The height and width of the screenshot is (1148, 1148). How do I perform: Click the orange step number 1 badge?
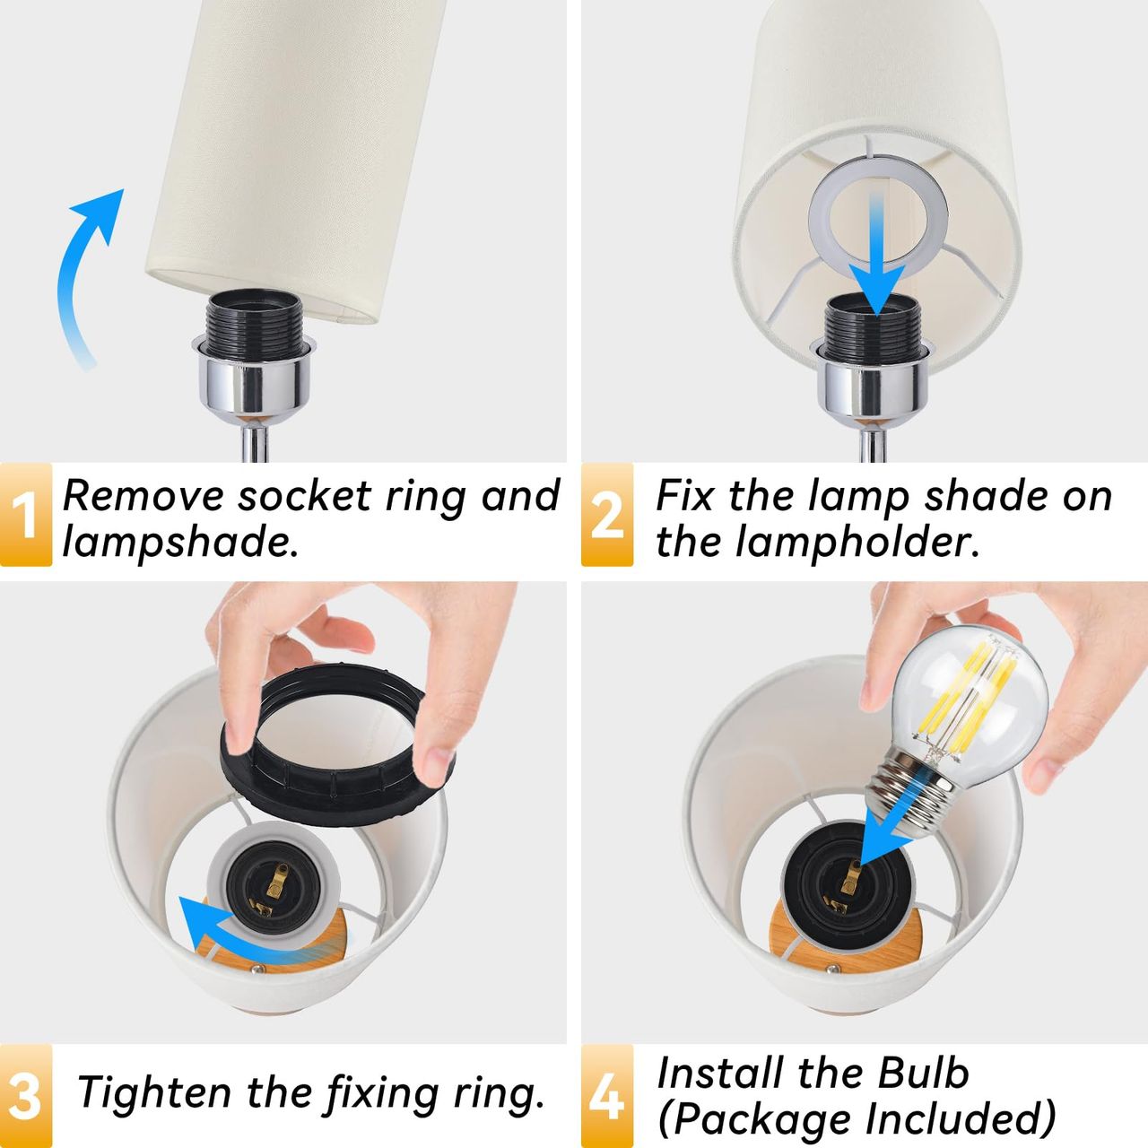[x=26, y=515]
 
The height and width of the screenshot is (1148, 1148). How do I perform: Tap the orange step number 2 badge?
[x=607, y=515]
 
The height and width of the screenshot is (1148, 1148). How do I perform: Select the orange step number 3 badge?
[x=26, y=1096]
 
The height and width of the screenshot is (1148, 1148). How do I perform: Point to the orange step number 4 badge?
[x=607, y=1096]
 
